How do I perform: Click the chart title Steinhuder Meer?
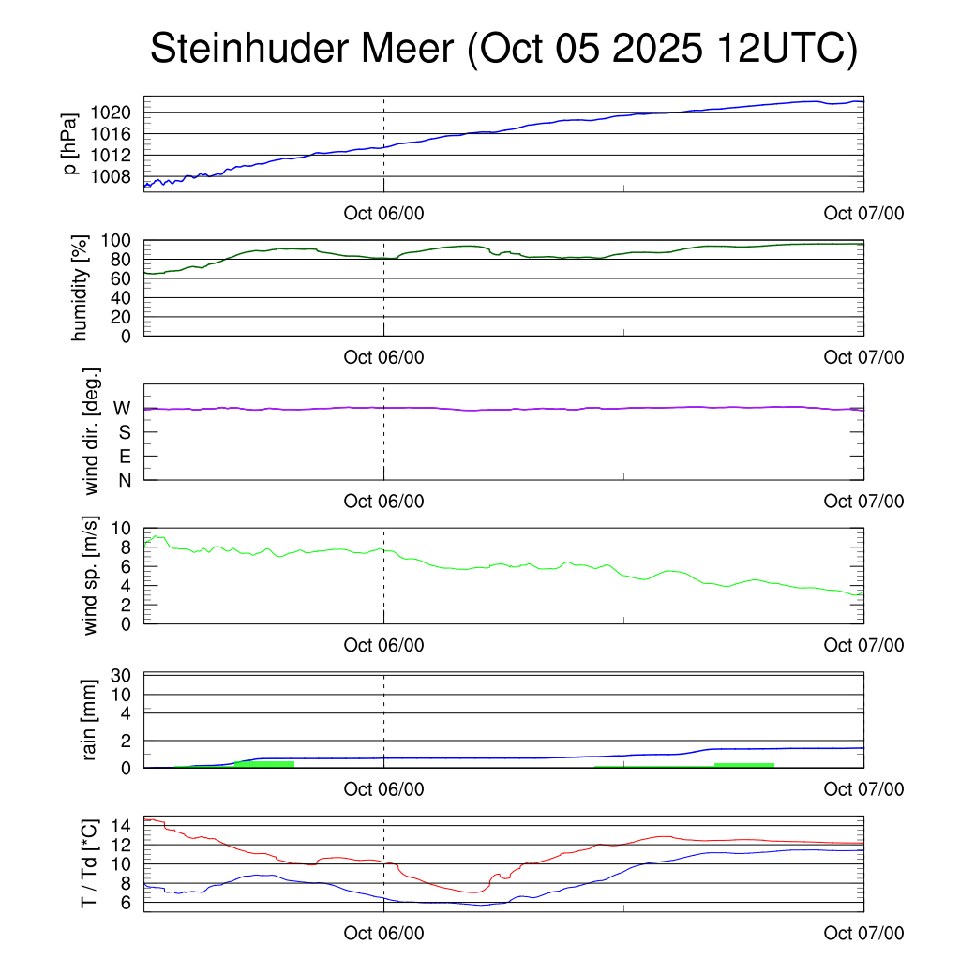click(503, 49)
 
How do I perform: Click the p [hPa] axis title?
click(70, 142)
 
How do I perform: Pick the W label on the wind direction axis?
click(122, 408)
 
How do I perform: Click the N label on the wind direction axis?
click(123, 480)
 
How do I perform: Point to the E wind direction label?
click(123, 456)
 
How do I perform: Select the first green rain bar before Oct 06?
click(264, 764)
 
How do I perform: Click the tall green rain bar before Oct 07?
click(744, 765)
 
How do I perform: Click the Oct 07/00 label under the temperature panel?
click(863, 933)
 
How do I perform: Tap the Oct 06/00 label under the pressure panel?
click(383, 213)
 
